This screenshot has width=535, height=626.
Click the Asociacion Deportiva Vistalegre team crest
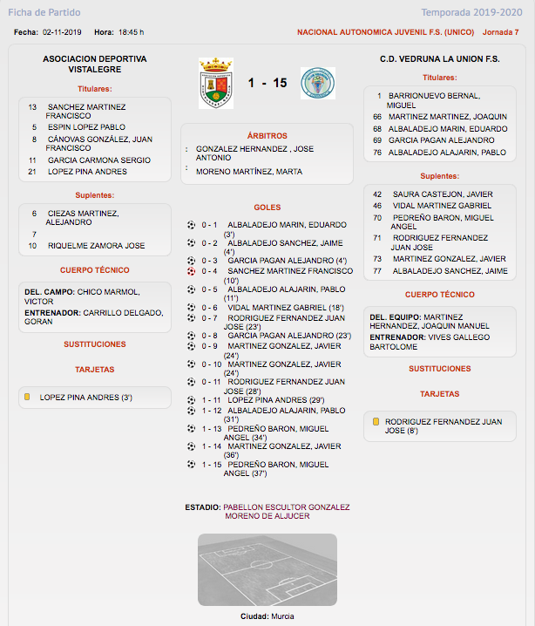coord(216,84)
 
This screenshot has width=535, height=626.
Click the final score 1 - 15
coord(267,84)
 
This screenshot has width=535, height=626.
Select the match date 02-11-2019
coord(61,32)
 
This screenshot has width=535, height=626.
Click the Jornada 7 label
coord(500,32)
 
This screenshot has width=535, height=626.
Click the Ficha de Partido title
coord(44,12)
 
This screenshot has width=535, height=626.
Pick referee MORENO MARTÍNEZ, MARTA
coord(249,172)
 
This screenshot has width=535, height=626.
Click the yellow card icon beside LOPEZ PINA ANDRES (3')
coord(28,398)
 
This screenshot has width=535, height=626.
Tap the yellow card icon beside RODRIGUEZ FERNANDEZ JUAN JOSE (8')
coord(376,422)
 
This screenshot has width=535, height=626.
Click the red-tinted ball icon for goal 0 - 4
coord(191,271)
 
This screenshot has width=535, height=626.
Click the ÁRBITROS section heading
coord(267,136)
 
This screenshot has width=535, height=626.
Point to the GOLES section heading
coord(267,208)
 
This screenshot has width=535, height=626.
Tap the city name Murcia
coord(281,616)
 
